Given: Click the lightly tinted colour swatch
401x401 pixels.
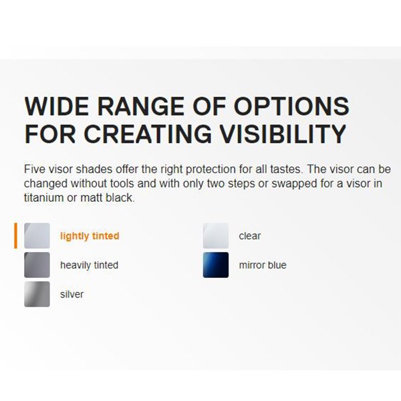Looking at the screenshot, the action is (x=37, y=235).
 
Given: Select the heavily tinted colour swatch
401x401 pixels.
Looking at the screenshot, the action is (x=37, y=265).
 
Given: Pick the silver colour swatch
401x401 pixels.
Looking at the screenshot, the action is (x=37, y=294).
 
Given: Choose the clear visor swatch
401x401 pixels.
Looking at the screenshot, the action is (x=216, y=235).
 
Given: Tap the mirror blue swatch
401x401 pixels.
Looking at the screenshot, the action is (x=216, y=265).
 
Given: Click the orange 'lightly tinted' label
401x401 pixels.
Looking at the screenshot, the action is (x=90, y=236).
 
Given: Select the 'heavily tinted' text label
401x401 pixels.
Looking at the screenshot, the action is (x=90, y=265).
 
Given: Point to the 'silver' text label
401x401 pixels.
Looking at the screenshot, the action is (x=72, y=294).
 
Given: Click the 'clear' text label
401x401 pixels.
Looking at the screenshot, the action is (x=250, y=236).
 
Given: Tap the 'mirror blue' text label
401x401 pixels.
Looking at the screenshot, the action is (x=263, y=265).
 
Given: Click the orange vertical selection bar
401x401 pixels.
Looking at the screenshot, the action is (x=15, y=235).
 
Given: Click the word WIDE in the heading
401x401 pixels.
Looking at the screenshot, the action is (x=57, y=106).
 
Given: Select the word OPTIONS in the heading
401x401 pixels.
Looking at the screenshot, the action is (x=291, y=106).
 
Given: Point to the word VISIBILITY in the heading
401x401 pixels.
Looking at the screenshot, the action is (x=283, y=134).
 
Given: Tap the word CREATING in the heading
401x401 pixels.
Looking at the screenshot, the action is (x=148, y=134).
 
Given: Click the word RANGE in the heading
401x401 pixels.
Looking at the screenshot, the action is (x=141, y=106).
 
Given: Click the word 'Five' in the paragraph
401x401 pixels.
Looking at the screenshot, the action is (x=34, y=169).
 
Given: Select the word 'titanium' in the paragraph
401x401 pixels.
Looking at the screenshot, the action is (x=43, y=198).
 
